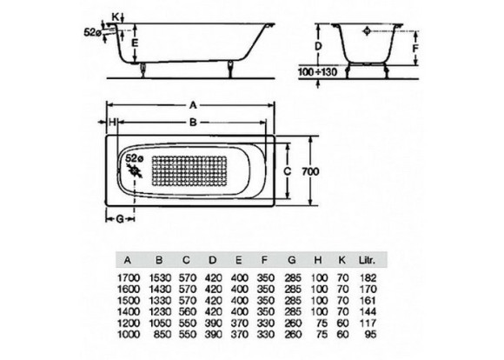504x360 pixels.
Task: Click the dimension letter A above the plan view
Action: [193, 105]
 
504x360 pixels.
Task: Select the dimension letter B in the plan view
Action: [193, 123]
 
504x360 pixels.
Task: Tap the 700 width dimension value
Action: [310, 171]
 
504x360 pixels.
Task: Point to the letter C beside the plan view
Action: [287, 171]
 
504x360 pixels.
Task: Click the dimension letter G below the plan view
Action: [120, 219]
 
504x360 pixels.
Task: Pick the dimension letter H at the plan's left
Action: [112, 123]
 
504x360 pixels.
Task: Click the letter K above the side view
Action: [115, 17]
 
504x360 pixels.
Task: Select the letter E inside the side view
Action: [135, 43]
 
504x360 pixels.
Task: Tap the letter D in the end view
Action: [318, 47]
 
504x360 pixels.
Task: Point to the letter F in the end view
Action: [415, 49]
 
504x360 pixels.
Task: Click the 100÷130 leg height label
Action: [317, 72]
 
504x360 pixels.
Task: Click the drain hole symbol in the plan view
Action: [135, 170]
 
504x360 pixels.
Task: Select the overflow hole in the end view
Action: [367, 31]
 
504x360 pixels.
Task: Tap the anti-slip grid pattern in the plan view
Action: [189, 171]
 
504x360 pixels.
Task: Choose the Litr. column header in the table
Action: [367, 260]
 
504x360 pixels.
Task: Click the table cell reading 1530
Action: [160, 277]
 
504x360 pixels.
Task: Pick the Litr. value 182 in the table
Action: [368, 277]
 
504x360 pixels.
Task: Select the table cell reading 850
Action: [163, 334]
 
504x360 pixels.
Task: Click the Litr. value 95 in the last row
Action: [370, 334]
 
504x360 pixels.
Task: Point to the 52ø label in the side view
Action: [93, 32]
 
